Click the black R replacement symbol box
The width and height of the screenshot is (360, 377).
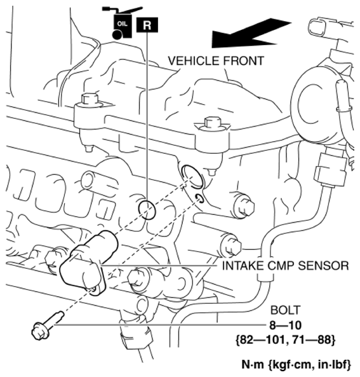tap(147, 25)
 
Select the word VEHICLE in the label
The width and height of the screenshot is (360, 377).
tap(194, 60)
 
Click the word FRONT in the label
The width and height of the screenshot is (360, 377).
tap(243, 60)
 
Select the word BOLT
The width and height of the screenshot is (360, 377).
tap(285, 310)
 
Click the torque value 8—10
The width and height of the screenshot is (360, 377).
tap(285, 326)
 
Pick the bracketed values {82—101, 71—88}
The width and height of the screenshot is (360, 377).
tap(285, 340)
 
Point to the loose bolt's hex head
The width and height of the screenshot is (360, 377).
tap(41, 331)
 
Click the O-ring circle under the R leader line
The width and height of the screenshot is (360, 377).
tap(147, 210)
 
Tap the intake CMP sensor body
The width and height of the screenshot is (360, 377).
tap(88, 261)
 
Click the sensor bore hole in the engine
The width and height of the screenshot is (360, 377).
tap(193, 176)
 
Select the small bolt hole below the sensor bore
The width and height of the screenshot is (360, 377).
tap(199, 198)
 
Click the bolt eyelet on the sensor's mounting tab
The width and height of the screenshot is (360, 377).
tap(95, 289)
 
